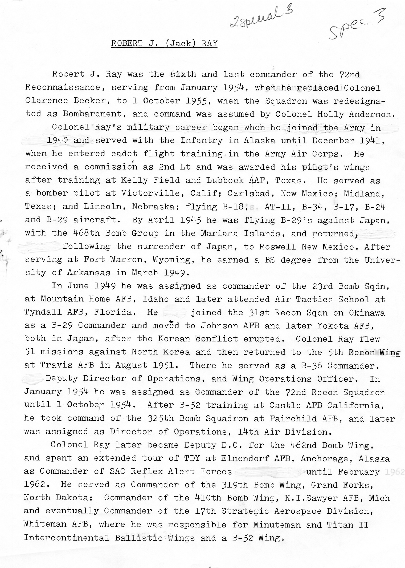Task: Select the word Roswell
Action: [277, 247]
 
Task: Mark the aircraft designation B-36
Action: [309, 365]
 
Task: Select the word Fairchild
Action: [293, 418]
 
